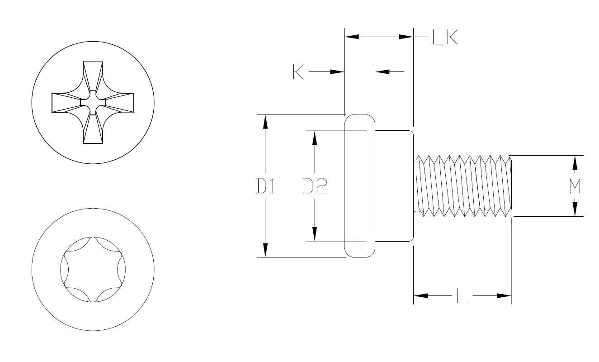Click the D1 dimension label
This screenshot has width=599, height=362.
265,186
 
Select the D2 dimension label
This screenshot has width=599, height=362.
315,186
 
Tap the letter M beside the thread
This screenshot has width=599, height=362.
574,186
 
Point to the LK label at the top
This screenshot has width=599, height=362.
445,37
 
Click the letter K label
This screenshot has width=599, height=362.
298,72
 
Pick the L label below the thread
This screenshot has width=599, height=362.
462,296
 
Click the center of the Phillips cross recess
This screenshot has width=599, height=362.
93,103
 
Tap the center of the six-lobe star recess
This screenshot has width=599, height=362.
93,269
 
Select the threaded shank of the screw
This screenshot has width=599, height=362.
463,186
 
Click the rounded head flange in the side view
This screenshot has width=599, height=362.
360,186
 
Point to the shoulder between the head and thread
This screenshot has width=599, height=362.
394,186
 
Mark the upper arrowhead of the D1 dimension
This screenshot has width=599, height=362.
265,121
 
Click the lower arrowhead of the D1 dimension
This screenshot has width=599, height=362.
265,250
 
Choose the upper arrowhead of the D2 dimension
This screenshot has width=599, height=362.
315,138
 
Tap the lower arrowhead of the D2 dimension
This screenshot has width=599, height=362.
315,234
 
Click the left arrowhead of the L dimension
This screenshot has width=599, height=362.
420,296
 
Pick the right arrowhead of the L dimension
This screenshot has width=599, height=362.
504,296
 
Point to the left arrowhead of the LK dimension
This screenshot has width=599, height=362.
352,37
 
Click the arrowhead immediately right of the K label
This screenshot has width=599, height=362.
337,71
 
